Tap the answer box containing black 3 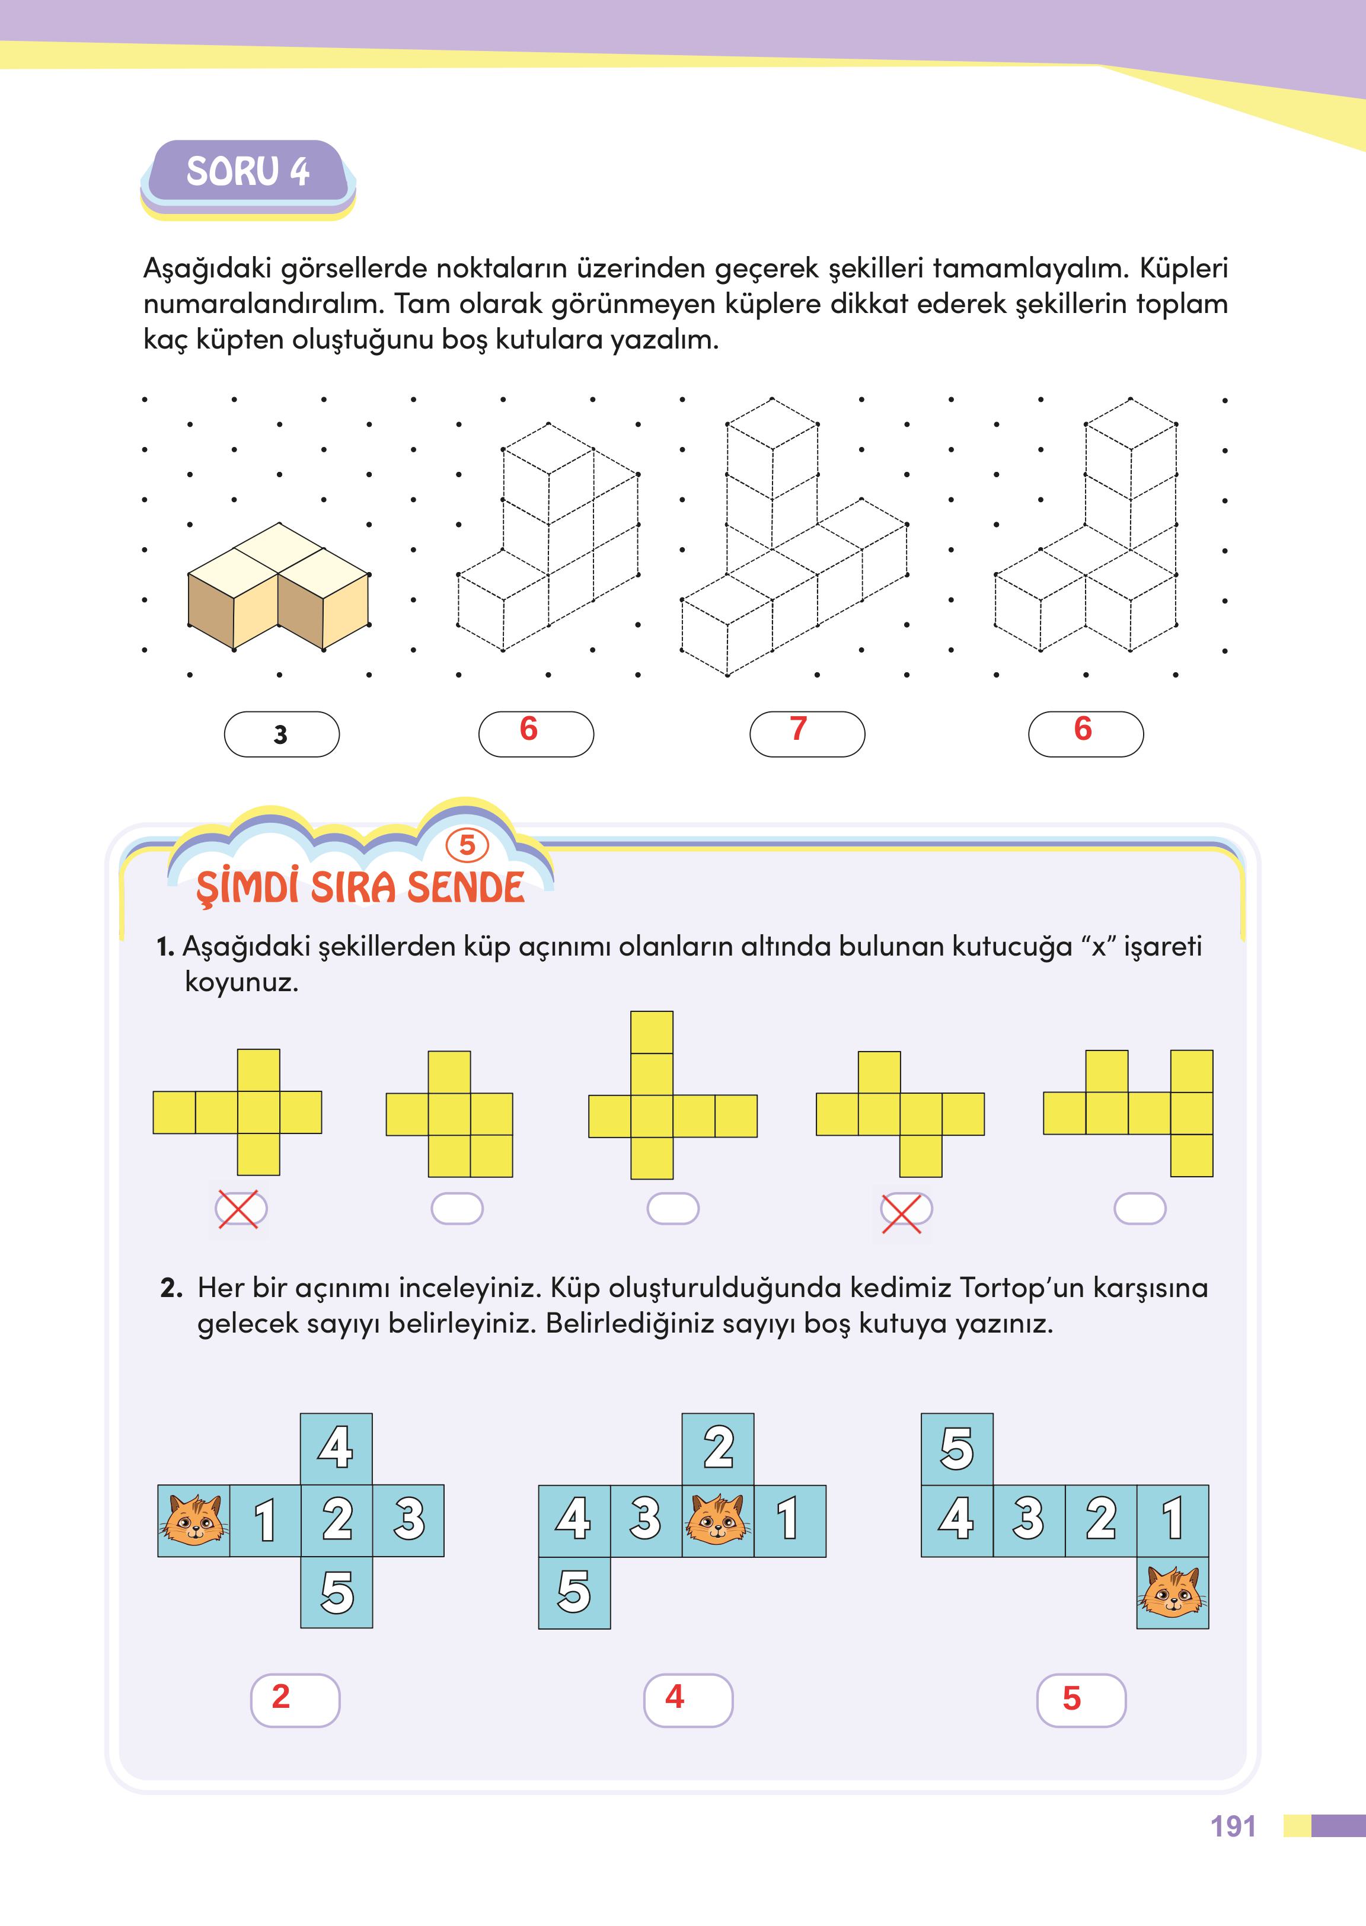pyautogui.click(x=282, y=734)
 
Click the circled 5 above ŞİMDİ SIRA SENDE pyautogui.click(x=467, y=845)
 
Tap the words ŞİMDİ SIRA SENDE pyautogui.click(x=360, y=887)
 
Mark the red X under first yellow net pyautogui.click(x=240, y=1209)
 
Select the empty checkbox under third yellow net pyautogui.click(x=673, y=1209)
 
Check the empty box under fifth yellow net pyautogui.click(x=1139, y=1209)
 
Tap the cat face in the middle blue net pyautogui.click(x=717, y=1520)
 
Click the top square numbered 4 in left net pyautogui.click(x=336, y=1448)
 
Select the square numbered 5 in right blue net pyautogui.click(x=958, y=1448)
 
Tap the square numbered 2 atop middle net pyautogui.click(x=717, y=1448)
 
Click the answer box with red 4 pyautogui.click(x=688, y=1700)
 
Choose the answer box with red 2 pyautogui.click(x=295, y=1700)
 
